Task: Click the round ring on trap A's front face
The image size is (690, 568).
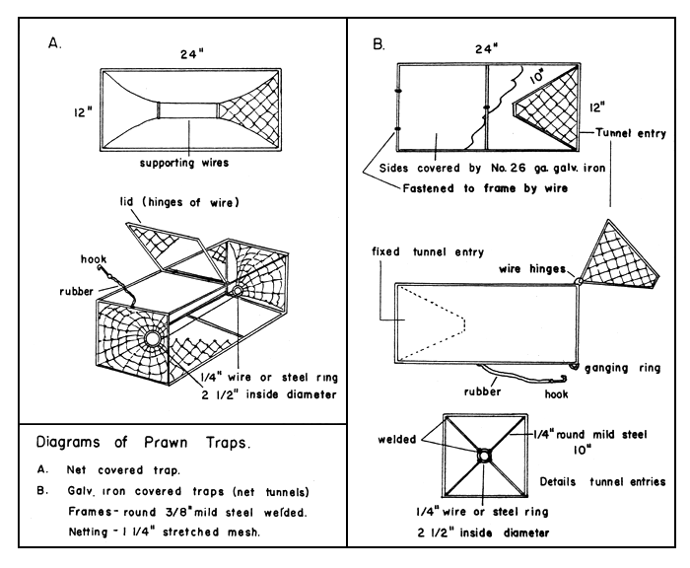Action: tap(155, 339)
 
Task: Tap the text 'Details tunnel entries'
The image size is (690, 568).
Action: tap(608, 481)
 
